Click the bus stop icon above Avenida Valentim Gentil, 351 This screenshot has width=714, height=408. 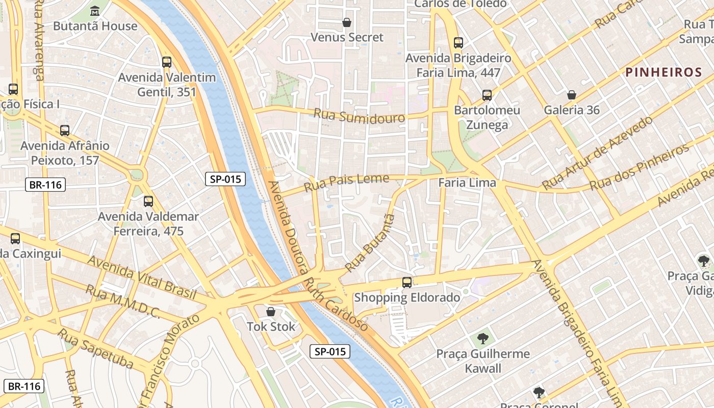(167, 62)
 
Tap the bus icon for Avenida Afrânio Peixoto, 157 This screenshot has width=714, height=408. (65, 130)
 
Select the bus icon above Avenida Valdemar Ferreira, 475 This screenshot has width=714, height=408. (148, 201)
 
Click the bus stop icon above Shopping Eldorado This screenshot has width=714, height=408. (407, 282)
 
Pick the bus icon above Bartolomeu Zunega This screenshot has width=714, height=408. (487, 95)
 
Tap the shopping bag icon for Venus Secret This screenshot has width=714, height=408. (347, 22)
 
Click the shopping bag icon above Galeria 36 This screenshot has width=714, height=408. (572, 95)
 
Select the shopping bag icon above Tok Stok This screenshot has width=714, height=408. (271, 311)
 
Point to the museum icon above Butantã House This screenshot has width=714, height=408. (95, 11)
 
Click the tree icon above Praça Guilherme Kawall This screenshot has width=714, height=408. (482, 338)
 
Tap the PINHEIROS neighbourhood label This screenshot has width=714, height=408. (664, 72)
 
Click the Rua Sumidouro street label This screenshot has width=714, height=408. (360, 115)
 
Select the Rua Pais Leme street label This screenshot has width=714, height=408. (346, 182)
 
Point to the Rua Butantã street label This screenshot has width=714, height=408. (370, 243)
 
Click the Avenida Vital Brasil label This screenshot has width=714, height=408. (142, 277)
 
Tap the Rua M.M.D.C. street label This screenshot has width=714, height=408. (122, 301)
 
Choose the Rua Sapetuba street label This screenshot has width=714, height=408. (95, 349)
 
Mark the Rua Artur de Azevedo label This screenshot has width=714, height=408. (597, 152)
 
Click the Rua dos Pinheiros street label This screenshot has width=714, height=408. (640, 167)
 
